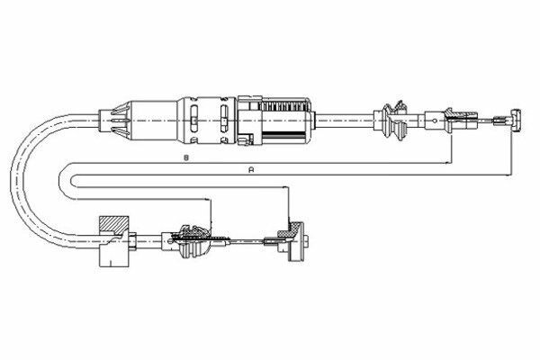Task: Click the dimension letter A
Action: pos(251,169)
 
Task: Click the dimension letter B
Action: pos(186,158)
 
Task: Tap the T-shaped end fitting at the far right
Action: pos(516,120)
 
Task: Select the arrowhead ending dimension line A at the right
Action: pos(508,175)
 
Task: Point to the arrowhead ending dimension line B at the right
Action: pos(447,162)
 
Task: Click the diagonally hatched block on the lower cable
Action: pos(114,225)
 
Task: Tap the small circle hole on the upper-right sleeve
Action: pos(435,121)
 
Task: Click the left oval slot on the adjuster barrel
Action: pos(193,118)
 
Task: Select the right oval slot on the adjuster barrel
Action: pos(224,118)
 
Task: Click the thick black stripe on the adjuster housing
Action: pos(283,133)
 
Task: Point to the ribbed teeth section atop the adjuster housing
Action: pos(283,105)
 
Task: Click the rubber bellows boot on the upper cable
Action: pos(393,121)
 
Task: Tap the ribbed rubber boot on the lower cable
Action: pos(193,242)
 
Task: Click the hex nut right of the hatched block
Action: pos(132,240)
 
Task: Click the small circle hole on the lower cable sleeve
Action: pos(171,241)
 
